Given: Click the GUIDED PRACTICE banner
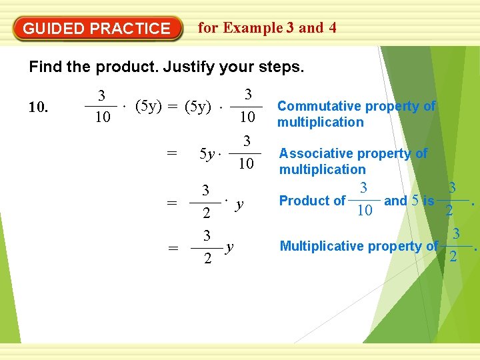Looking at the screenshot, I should point(97,29).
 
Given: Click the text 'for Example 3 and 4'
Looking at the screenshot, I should point(267,28).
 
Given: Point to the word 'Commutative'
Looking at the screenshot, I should point(318,106).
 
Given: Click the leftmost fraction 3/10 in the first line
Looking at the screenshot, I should point(101,107).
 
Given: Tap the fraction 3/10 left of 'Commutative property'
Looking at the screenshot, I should point(247,106).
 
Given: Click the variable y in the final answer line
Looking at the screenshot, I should point(229,247).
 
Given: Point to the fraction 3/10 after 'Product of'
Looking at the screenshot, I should point(364,200).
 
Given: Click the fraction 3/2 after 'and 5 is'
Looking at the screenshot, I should point(452,200).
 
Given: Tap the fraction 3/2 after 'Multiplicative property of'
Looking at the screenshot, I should point(456,245).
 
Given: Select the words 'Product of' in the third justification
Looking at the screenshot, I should point(312,201).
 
